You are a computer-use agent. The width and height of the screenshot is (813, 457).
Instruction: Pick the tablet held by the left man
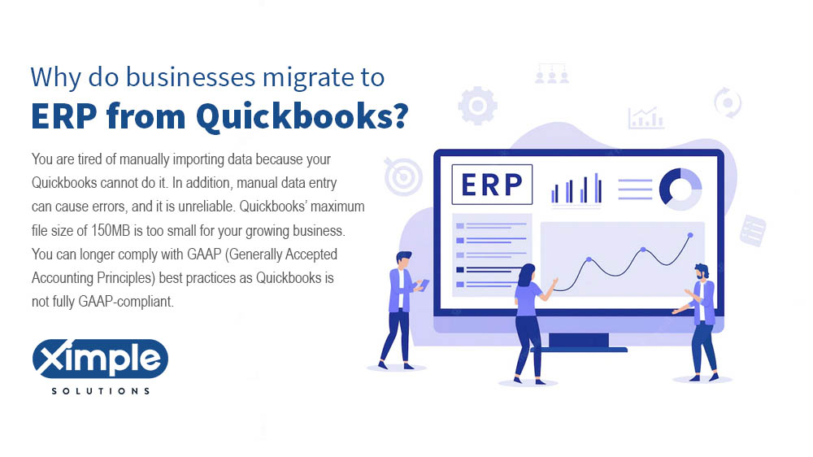click(x=424, y=284)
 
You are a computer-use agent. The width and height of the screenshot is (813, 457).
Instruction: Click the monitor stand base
click(x=579, y=349)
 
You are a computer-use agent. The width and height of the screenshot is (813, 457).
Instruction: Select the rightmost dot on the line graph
click(x=690, y=235)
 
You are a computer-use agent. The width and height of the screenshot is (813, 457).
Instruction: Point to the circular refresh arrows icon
click(x=727, y=103)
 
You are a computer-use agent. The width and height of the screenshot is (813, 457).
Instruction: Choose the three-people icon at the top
click(x=552, y=74)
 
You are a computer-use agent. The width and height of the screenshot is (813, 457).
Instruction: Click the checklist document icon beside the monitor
click(x=752, y=230)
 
